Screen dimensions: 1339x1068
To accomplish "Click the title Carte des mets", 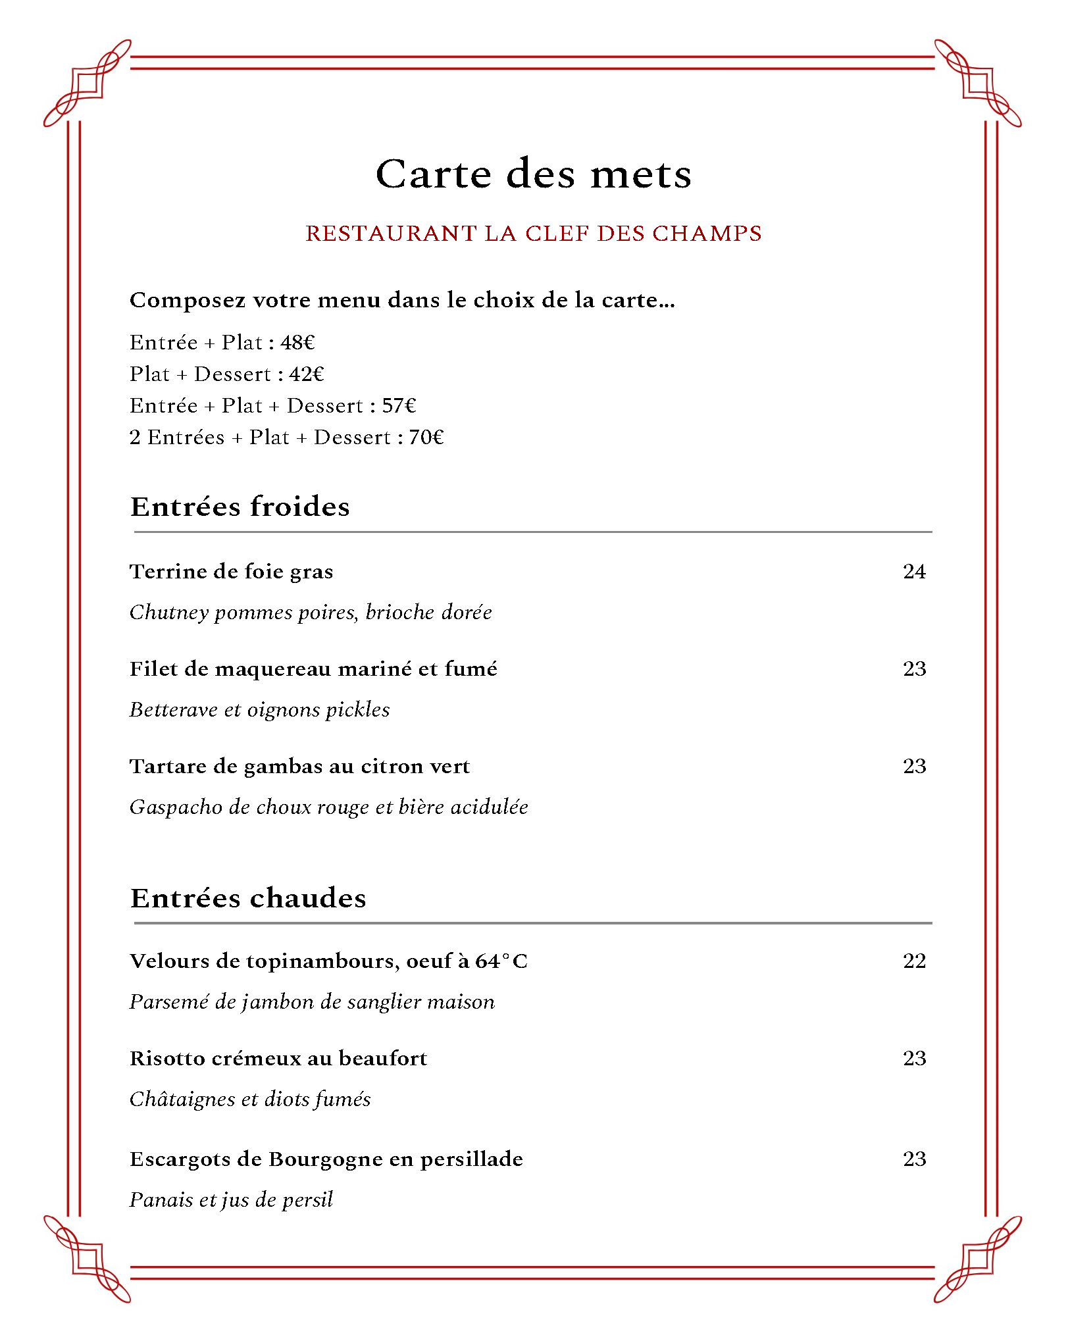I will (x=533, y=174).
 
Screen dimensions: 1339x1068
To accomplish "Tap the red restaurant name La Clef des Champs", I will (x=533, y=234).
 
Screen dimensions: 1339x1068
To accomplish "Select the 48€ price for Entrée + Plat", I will (x=297, y=343).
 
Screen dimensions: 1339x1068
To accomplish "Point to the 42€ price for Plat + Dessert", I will (x=307, y=374).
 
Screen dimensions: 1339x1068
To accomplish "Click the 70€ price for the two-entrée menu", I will (x=426, y=438).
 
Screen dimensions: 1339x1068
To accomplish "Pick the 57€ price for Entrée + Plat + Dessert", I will (x=399, y=406).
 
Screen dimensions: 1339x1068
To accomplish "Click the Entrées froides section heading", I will (x=240, y=507).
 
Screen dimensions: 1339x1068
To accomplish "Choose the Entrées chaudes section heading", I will (x=248, y=898).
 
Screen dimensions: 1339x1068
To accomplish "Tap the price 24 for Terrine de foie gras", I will (x=914, y=572).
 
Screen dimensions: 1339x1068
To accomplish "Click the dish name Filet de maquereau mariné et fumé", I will (x=313, y=669).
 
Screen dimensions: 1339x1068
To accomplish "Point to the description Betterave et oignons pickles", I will (x=259, y=710).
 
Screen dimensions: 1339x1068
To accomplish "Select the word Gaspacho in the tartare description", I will (x=176, y=807).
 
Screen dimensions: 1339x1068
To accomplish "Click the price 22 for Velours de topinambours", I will (x=914, y=961).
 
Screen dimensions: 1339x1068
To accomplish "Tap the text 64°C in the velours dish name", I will (x=501, y=961).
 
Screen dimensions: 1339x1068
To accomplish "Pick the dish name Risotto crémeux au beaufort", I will (x=278, y=1059).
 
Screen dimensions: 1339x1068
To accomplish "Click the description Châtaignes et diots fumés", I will (x=250, y=1099).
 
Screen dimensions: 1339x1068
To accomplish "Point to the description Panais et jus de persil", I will (x=231, y=1200).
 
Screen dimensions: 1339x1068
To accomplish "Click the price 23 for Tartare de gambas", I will (x=914, y=767).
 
